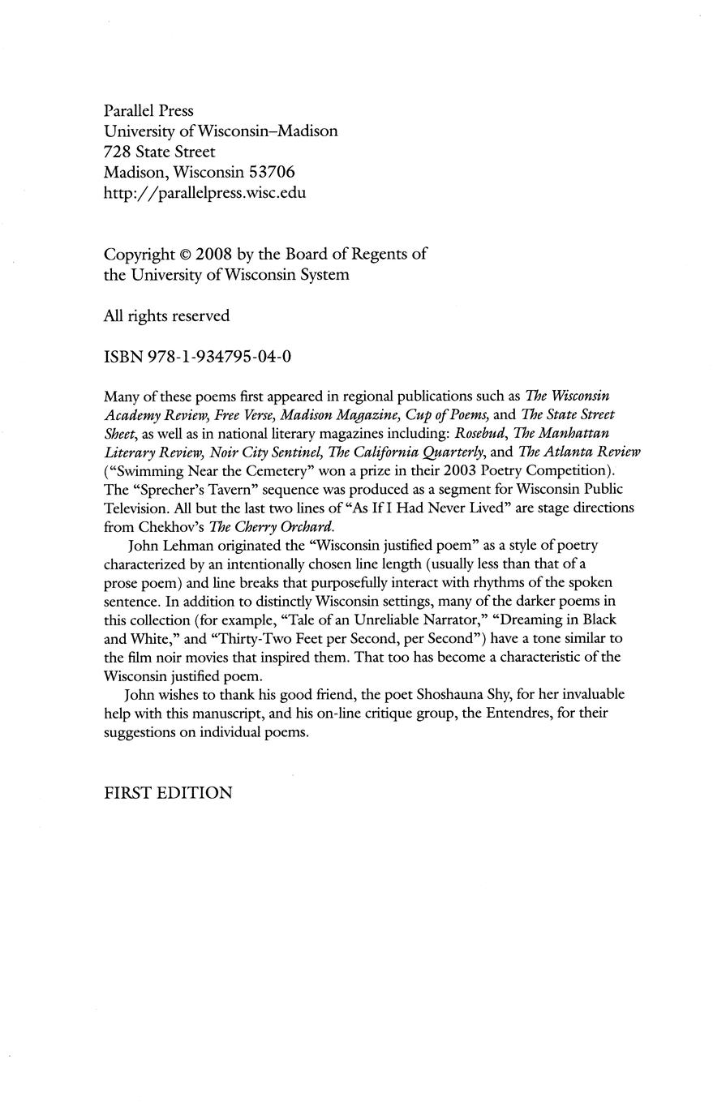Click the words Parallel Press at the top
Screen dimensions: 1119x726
click(x=148, y=110)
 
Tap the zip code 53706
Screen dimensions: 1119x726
click(x=271, y=172)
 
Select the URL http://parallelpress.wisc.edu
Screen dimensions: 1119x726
click(x=204, y=193)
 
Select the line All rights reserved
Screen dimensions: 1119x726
click(x=166, y=316)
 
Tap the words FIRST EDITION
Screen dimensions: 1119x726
click(x=168, y=794)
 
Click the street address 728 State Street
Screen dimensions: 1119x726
click(x=159, y=152)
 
